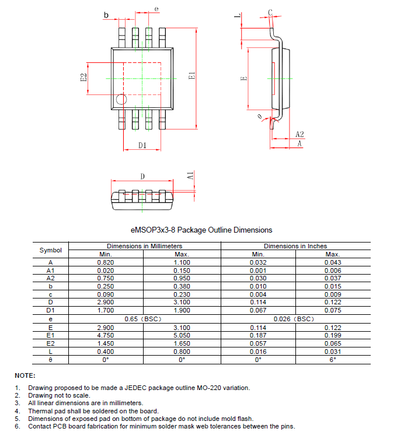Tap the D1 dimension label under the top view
click(x=142, y=146)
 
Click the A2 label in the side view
click(x=299, y=134)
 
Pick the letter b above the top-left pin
click(x=106, y=15)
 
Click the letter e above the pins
click(x=156, y=9)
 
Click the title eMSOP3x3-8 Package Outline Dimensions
click(x=201, y=230)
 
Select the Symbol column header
click(x=51, y=250)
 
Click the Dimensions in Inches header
click(x=295, y=246)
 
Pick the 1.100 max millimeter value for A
click(x=182, y=262)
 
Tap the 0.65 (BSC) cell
click(x=144, y=319)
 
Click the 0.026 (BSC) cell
click(x=294, y=319)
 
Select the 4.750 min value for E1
click(x=106, y=336)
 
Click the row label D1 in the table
click(x=51, y=311)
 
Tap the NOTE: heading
click(x=25, y=375)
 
